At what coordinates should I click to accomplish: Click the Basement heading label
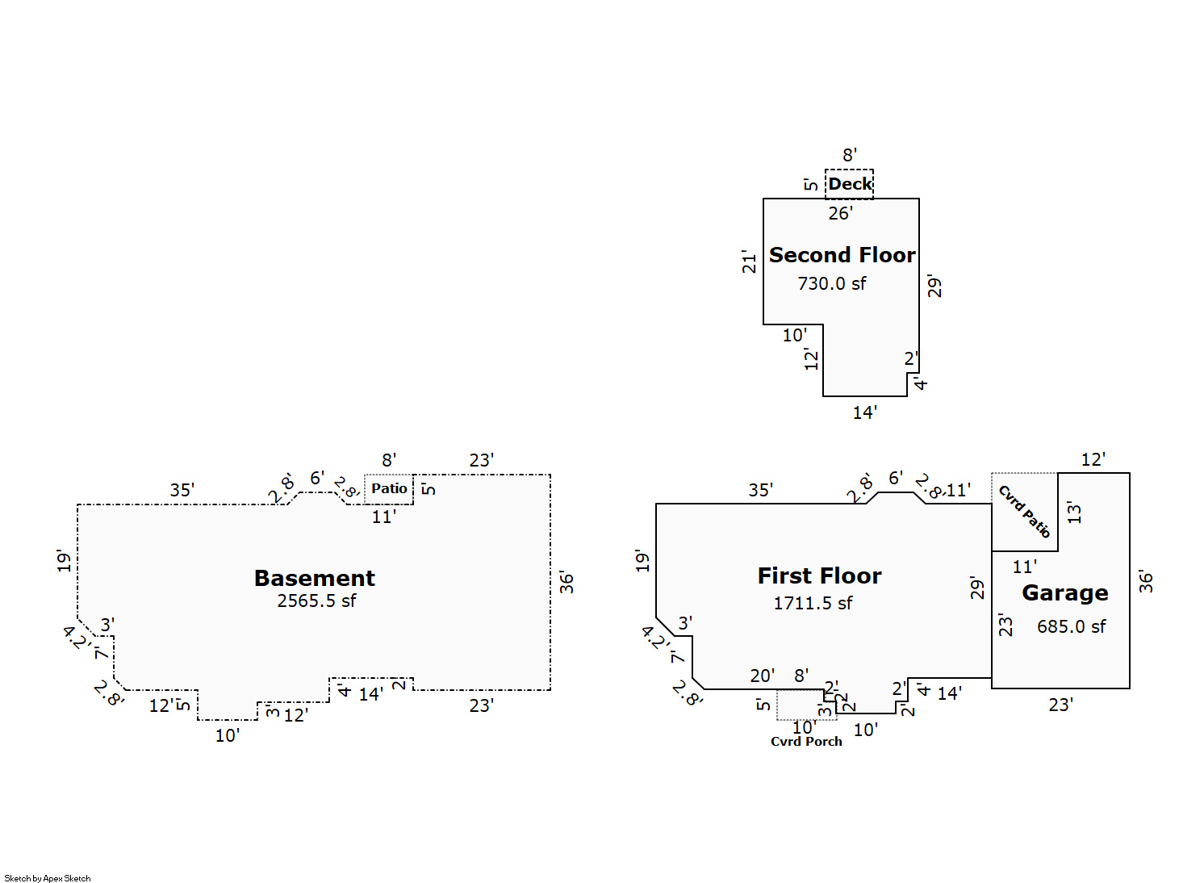(315, 578)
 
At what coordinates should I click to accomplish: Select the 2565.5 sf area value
(316, 601)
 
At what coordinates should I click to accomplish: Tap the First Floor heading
(819, 576)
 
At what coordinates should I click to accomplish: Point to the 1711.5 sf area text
(813, 604)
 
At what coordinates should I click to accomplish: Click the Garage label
(1064, 593)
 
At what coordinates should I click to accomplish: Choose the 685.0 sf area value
(1071, 626)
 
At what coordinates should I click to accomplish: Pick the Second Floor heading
(842, 255)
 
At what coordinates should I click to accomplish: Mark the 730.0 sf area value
(831, 283)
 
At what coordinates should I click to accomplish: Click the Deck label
(850, 184)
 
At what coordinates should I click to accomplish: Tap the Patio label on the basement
(389, 488)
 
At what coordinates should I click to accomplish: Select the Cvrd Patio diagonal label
(1025, 511)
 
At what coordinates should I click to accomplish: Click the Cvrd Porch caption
(806, 742)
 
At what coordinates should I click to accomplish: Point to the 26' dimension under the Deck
(840, 214)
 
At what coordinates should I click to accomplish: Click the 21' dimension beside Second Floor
(750, 262)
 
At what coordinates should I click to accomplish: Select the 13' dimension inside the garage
(1074, 512)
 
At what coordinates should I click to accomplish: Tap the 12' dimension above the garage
(1093, 460)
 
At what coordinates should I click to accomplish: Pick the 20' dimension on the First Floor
(762, 676)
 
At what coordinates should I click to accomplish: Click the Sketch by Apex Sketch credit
(48, 878)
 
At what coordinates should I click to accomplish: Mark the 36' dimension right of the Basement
(566, 583)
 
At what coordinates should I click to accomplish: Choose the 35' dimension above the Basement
(182, 490)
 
